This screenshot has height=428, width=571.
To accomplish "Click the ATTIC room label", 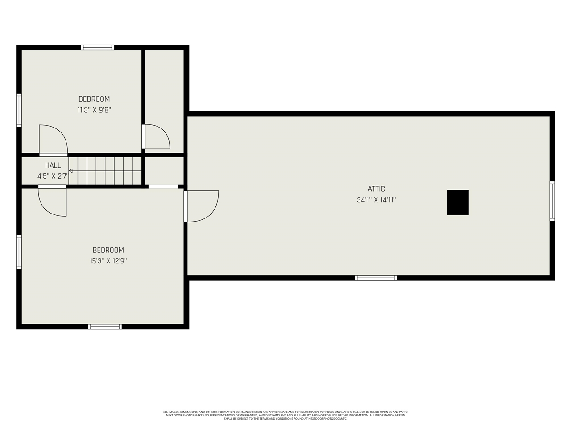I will [x=376, y=189].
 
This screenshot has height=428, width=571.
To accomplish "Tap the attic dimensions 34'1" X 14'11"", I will [x=376, y=200].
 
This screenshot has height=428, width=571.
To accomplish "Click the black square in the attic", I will [x=458, y=202].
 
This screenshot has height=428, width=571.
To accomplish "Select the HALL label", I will [x=53, y=165].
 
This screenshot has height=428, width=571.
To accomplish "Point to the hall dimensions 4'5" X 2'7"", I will [x=53, y=176].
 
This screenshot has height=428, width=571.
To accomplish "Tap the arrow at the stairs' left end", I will [x=71, y=170].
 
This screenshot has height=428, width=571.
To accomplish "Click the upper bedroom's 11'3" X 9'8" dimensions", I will [x=94, y=110].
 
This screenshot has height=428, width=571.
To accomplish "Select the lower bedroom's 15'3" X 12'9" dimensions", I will [x=108, y=261].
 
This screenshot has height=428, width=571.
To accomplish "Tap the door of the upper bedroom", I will [x=53, y=140].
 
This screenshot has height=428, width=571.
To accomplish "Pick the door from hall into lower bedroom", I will [x=52, y=201].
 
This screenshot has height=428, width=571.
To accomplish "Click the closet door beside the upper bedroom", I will [x=156, y=136].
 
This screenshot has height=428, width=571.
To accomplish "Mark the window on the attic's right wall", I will [x=552, y=201].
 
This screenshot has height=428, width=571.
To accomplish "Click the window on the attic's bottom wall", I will [x=376, y=278].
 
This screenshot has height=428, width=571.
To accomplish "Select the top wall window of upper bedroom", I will [x=97, y=47].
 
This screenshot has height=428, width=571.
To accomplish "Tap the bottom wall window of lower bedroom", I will [x=105, y=327].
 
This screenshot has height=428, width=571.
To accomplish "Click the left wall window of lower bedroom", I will [x=19, y=252].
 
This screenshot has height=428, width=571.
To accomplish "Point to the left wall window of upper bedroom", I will [x=19, y=110].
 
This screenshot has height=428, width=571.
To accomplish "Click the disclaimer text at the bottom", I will [x=285, y=415].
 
